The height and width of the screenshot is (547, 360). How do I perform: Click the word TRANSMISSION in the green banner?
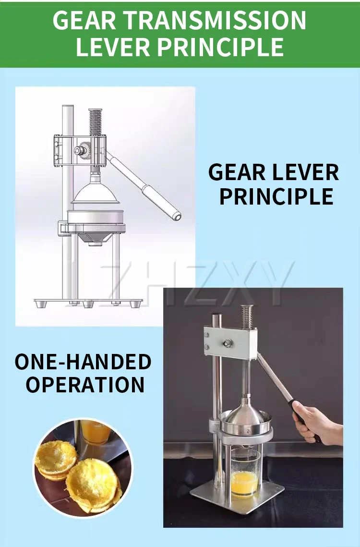(215, 21)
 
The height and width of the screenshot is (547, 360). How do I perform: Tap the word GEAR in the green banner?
(84, 21)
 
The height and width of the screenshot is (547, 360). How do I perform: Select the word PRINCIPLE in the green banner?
(220, 47)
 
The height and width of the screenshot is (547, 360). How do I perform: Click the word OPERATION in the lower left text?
(85, 384)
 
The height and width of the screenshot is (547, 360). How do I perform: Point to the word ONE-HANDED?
(83, 362)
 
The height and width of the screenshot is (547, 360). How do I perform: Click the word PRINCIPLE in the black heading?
(276, 196)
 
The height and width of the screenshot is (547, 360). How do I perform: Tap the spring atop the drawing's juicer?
(95, 122)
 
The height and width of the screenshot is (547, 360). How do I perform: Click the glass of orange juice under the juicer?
(244, 472)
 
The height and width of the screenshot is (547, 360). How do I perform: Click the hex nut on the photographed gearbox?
(227, 343)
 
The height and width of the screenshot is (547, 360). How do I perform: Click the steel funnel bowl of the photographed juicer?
(246, 420)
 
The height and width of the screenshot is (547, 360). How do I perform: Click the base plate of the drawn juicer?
(88, 302)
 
